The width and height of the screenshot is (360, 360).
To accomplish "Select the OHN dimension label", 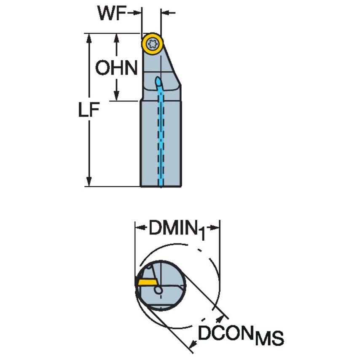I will pos(116,68).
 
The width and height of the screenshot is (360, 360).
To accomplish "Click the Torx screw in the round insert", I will pos(152,43).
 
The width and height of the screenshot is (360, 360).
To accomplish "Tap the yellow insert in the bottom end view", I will pos(145,282).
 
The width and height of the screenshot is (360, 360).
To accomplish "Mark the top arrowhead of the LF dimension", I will pos(89,38).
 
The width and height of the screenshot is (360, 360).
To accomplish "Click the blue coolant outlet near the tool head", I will pos(158,81).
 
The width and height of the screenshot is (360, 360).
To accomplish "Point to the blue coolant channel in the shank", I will pos(161,139).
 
